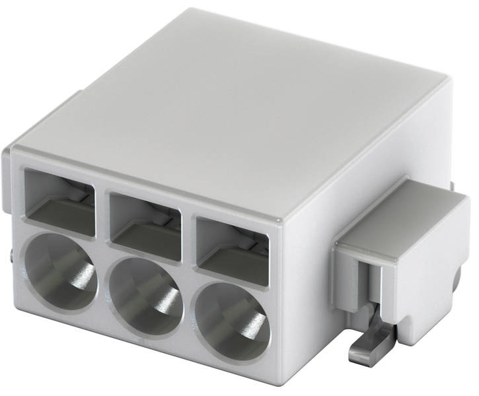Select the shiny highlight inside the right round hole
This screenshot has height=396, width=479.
[254, 327]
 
